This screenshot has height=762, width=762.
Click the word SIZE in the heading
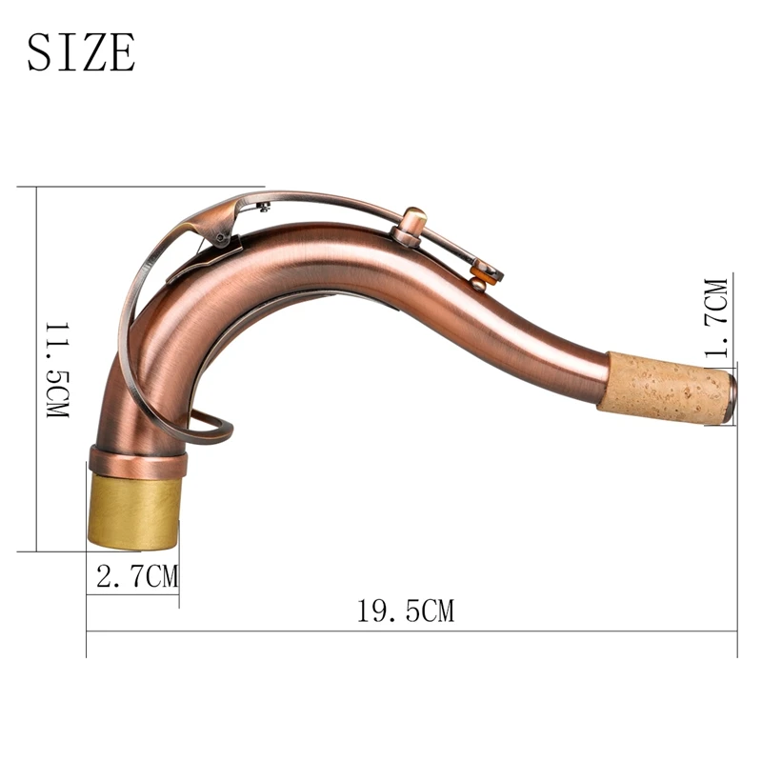[x=81, y=51]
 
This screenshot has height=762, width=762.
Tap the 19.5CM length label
[x=406, y=611]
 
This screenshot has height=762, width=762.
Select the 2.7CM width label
[x=133, y=576]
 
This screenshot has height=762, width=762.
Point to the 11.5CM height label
[x=56, y=372]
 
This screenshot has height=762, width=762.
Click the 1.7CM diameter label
[x=715, y=314]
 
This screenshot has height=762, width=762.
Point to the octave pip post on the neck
[x=411, y=227]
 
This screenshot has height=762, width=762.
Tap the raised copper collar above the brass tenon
[x=137, y=461]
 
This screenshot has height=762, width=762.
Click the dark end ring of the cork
[x=730, y=397]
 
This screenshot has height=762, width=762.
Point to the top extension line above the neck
[x=143, y=187]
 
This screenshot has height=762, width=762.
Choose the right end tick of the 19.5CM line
[x=737, y=631]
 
